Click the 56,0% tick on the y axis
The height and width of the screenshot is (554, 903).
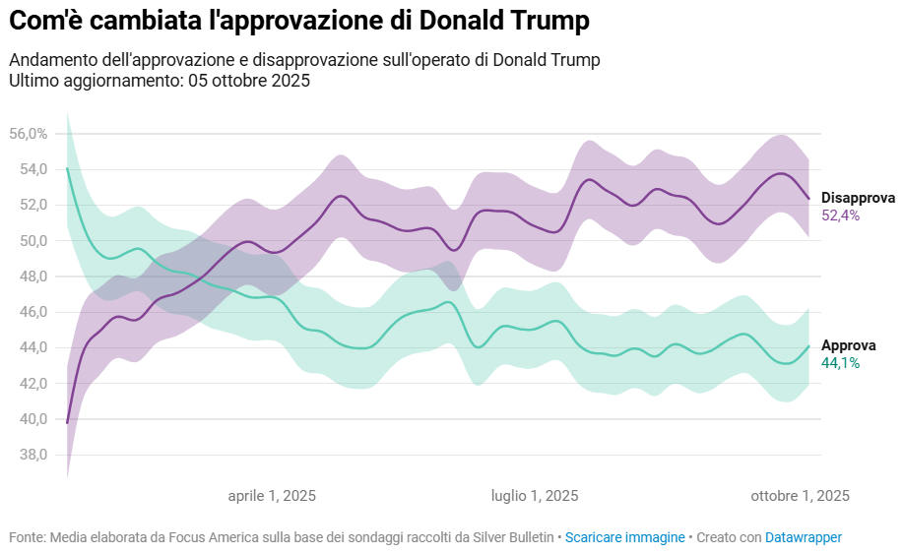tap(28, 133)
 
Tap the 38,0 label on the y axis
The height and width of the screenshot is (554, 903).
tap(32, 455)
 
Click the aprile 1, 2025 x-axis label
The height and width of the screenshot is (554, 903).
tap(272, 496)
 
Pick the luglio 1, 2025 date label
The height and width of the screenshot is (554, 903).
tap(535, 496)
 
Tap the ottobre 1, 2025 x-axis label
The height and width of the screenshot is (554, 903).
tap(800, 496)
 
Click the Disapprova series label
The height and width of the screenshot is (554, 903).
tap(858, 198)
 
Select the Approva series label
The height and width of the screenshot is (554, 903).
tap(848, 345)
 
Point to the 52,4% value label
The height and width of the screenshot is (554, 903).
tap(840, 215)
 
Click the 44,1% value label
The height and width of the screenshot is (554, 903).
tap(840, 363)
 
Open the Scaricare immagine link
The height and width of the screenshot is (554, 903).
tap(625, 537)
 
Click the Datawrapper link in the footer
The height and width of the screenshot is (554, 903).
tap(804, 537)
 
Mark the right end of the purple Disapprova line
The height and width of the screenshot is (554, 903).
tap(808, 199)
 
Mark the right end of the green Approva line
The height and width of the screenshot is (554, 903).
tap(808, 345)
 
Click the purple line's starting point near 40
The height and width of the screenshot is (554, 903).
tap(67, 422)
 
